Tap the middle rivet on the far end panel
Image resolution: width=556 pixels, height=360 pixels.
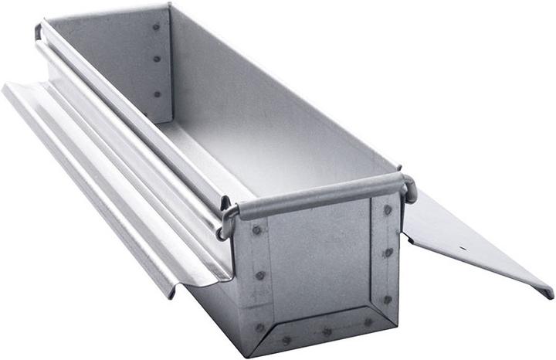pos(156,59)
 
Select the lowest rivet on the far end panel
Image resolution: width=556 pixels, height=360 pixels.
pos(158,93)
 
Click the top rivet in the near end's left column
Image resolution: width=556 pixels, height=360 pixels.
pos(256,230)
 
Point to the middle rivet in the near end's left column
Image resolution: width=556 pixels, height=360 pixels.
pos(260,275)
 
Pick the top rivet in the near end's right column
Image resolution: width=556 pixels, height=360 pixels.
pos(388,209)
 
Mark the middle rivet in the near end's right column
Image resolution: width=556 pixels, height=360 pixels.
pos(388,253)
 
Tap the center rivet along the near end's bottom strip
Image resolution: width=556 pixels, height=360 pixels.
pos(327,332)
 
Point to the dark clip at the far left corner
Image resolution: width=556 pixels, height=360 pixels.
pos(38,32)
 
